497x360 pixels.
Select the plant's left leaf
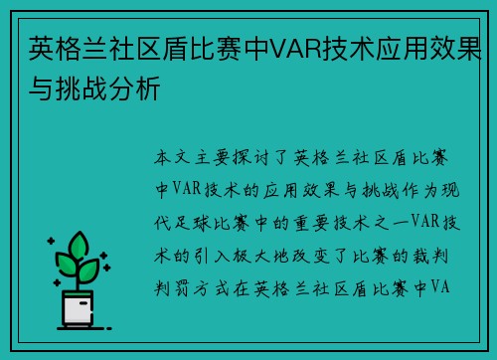coord(65,263)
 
